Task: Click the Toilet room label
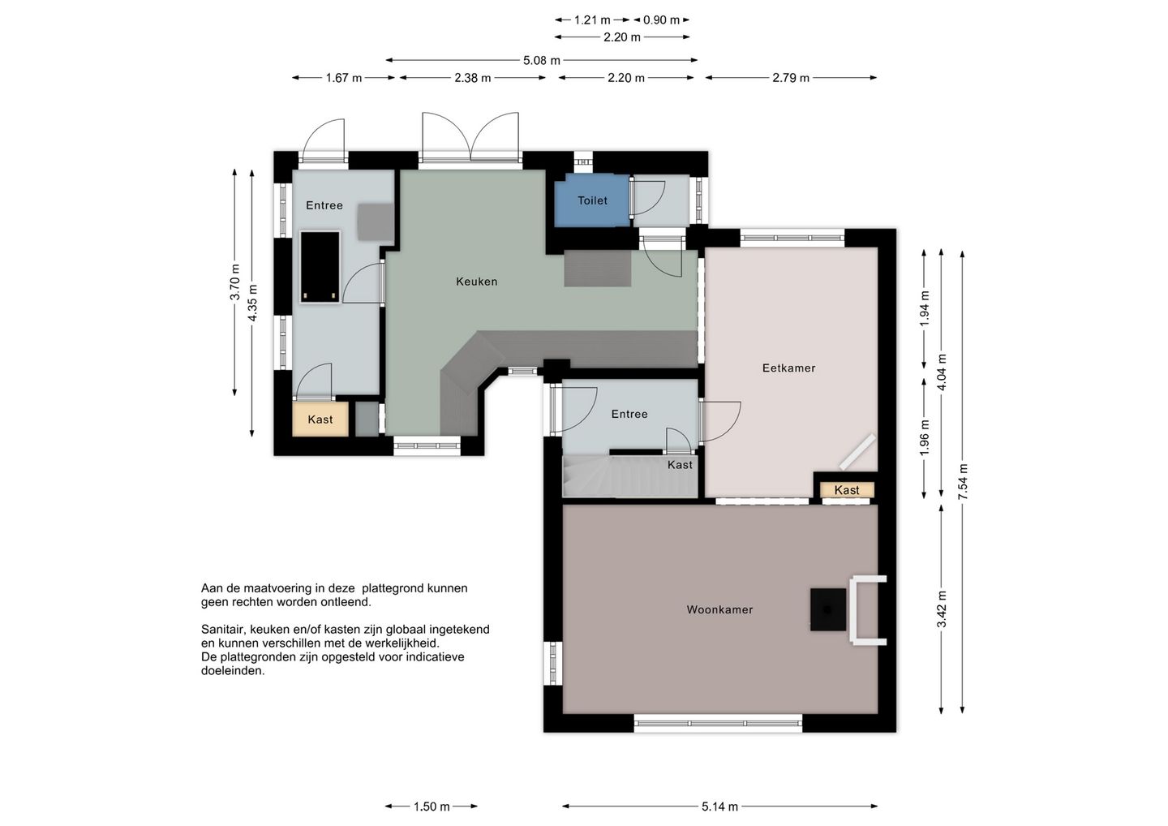592,200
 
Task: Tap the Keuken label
477,282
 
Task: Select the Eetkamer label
788,368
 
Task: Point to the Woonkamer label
719,609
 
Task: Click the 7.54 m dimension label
963,481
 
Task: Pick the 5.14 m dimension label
719,807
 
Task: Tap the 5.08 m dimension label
542,61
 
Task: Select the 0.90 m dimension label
661,20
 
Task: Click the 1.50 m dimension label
432,807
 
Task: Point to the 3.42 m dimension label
942,609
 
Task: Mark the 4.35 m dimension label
252,303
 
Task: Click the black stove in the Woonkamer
828,609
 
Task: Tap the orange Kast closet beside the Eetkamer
847,490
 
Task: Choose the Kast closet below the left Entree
320,419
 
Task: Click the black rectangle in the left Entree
320,268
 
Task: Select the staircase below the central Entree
630,476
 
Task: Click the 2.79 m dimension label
791,78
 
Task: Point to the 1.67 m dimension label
344,78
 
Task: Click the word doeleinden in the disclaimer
233,671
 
